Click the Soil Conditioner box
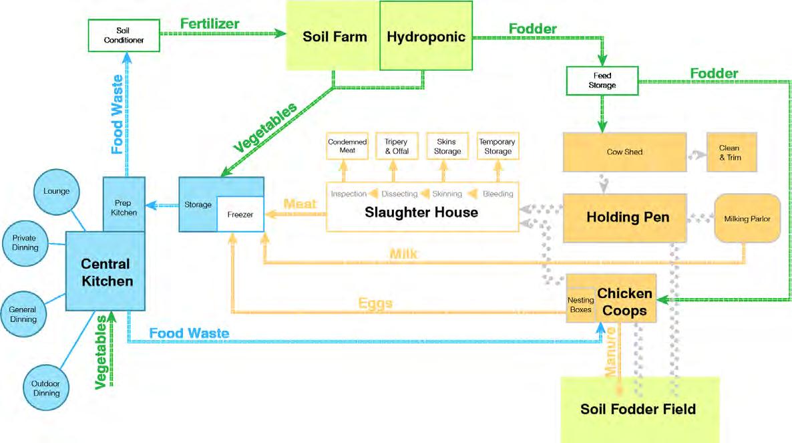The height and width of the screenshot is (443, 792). click(124, 36)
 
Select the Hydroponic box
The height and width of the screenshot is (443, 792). click(425, 36)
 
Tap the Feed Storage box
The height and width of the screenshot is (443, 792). click(602, 80)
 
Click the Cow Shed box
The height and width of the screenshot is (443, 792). click(624, 152)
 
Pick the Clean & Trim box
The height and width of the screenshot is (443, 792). click(729, 152)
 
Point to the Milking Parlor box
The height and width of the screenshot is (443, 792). click(747, 218)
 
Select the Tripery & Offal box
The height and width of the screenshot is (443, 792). click(396, 147)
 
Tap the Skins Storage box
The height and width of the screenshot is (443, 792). click(447, 147)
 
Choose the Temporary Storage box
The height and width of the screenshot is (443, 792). click(497, 147)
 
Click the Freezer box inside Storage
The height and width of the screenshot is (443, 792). click(240, 214)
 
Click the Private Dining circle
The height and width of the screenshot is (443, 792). click(25, 243)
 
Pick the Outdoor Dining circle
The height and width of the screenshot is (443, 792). click(46, 388)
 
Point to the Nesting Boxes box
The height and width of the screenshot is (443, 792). click(580, 305)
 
